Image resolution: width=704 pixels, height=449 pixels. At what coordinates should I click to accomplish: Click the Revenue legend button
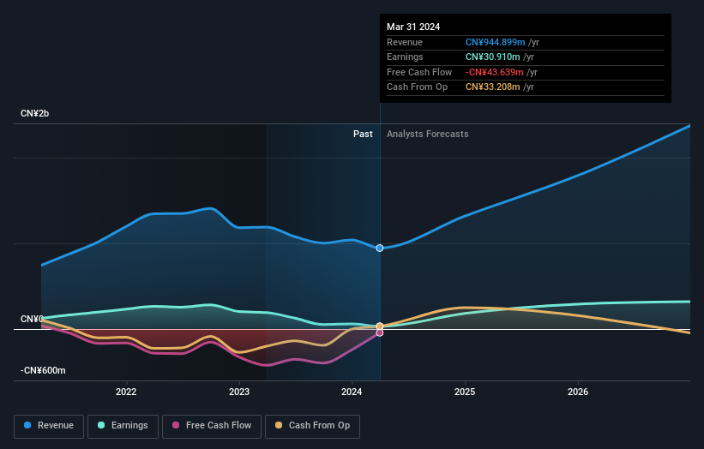coord(49,425)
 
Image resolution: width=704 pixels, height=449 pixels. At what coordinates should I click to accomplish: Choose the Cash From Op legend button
coord(313,425)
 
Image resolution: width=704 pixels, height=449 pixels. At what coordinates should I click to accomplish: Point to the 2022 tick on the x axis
coord(126,392)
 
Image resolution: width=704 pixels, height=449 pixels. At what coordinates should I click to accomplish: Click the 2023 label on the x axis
coord(239,392)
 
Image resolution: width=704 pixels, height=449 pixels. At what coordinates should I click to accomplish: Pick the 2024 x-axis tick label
coord(352,392)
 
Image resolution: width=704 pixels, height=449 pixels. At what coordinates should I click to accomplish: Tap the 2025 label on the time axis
coord(465,392)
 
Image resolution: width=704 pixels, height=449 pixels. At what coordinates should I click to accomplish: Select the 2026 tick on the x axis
coord(578,392)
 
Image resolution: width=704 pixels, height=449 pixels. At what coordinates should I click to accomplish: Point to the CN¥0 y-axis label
coord(32,319)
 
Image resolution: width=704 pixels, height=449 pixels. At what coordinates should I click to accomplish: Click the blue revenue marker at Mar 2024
coord(380,248)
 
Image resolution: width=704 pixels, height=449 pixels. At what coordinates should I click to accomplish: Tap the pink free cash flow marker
coord(380,332)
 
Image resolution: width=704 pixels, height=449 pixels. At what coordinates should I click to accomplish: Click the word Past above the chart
coord(363,134)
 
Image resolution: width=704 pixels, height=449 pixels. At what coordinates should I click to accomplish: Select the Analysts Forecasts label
coord(428,134)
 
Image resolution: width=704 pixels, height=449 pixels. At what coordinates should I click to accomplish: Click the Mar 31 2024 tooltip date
coord(413,27)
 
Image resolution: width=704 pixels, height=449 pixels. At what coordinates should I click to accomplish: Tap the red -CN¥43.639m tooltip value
coord(495,72)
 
